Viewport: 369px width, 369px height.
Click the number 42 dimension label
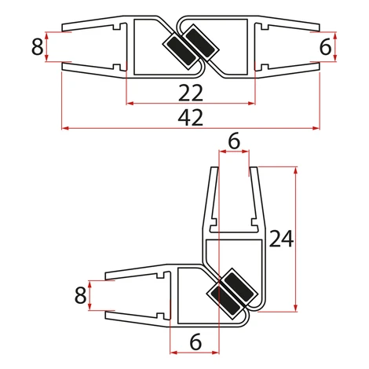191,118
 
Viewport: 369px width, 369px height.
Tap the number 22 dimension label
191,93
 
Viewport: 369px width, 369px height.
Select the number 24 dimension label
281,239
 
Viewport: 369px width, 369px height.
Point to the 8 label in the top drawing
37,47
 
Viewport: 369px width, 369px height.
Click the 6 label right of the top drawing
326,47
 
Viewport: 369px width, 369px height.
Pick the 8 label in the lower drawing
80,295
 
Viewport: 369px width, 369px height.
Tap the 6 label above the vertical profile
234,141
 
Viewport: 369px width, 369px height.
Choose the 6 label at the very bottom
195,342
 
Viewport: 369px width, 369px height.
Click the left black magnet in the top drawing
181,52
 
